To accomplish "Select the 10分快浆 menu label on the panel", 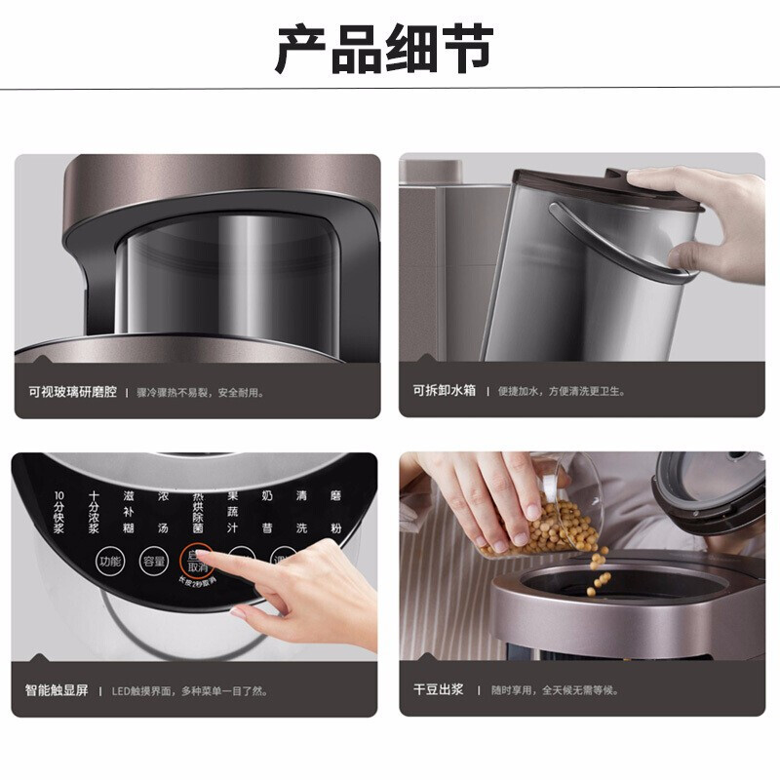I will (x=58, y=513).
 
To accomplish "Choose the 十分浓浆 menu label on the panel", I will (x=95, y=513).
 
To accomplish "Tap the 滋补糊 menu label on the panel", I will (x=129, y=513).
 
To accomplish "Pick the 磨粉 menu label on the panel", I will (x=336, y=513).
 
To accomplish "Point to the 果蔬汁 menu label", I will (x=233, y=513).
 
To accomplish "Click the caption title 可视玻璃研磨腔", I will (x=73, y=392).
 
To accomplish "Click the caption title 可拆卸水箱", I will (x=444, y=391).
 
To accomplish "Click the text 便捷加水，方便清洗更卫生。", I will (x=561, y=392).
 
